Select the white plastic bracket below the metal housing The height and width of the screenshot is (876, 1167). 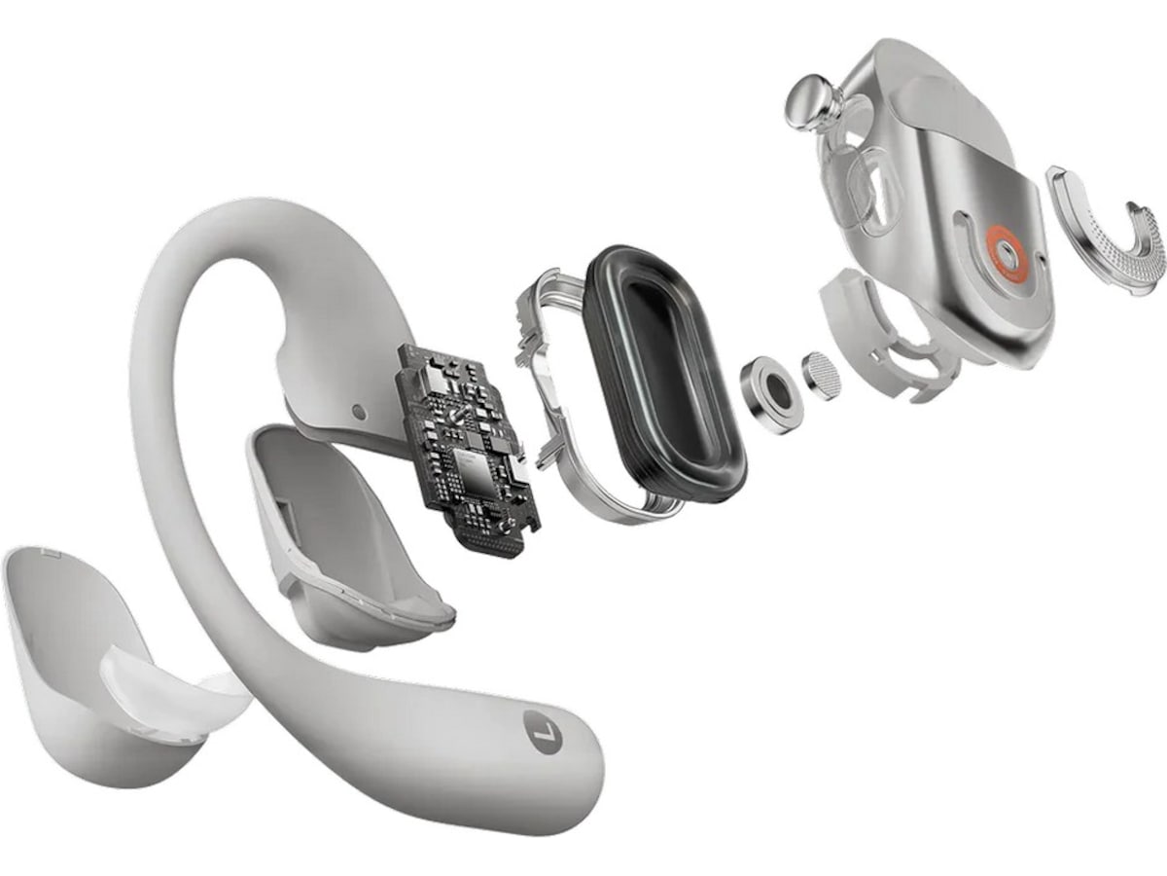[x=880, y=331]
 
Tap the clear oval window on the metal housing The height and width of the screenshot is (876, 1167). [x=870, y=180]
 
